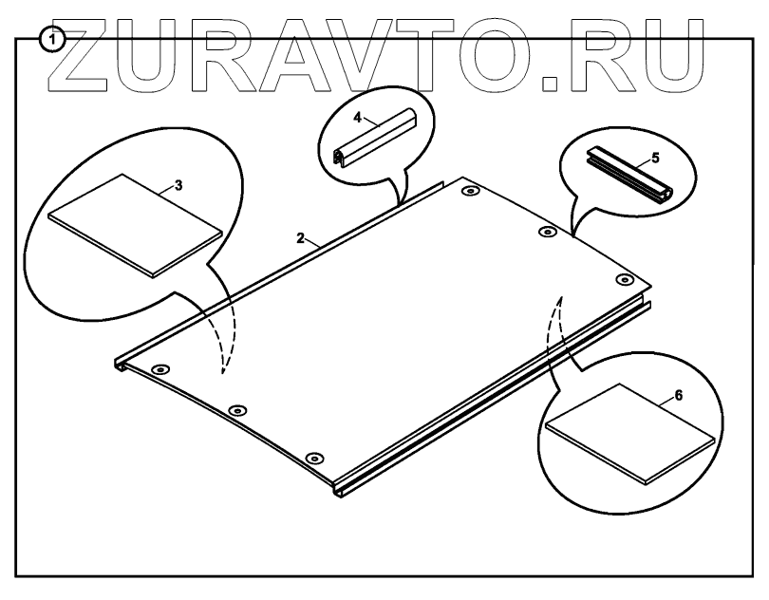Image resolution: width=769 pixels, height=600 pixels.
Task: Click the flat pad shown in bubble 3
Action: click(138, 221)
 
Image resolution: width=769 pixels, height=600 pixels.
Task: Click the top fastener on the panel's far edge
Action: click(470, 193)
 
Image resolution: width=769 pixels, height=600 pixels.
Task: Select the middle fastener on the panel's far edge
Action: click(547, 232)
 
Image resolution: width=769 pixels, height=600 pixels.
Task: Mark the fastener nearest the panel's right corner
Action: click(624, 278)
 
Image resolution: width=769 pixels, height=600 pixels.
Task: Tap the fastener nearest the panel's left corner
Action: click(159, 368)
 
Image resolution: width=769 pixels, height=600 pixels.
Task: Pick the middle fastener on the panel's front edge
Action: click(236, 409)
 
